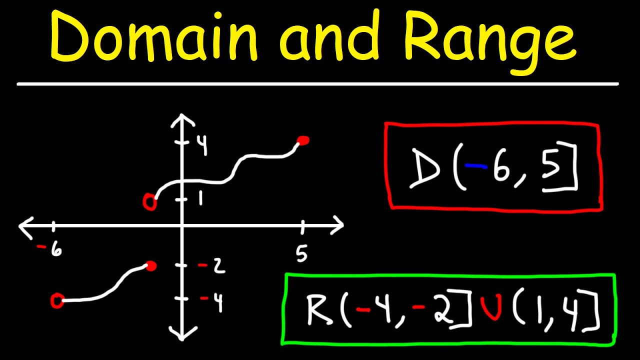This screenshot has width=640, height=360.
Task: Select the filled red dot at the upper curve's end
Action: click(302, 140)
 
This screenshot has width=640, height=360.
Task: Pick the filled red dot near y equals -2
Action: click(150, 266)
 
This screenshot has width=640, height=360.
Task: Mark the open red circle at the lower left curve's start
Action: click(57, 300)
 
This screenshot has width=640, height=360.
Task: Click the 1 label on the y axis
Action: click(200, 199)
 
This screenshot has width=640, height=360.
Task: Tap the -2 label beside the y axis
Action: click(212, 266)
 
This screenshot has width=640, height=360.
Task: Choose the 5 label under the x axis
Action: click(301, 254)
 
